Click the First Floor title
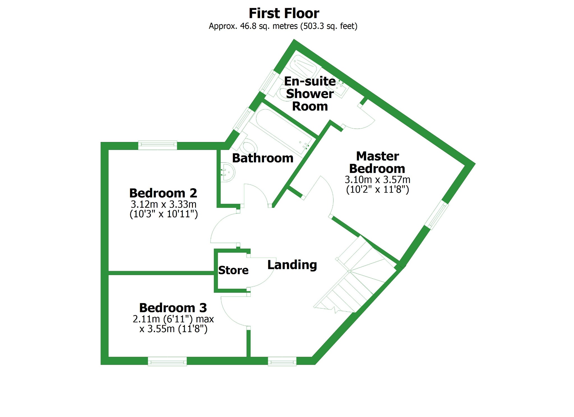tap(284, 13)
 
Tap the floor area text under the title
tap(283, 26)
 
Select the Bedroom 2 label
tap(163, 193)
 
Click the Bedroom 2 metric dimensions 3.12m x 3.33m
tap(163, 204)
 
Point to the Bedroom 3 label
tap(173, 308)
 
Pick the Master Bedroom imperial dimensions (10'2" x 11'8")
tap(378, 189)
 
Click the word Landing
tap(292, 265)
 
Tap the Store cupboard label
tap(233, 270)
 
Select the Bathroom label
tap(263, 158)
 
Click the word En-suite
tap(310, 81)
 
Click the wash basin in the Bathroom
tap(227, 173)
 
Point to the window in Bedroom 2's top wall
tap(158, 145)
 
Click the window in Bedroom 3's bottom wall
tap(167, 361)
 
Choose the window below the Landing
tap(282, 361)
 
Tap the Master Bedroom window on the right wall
tap(437, 215)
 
